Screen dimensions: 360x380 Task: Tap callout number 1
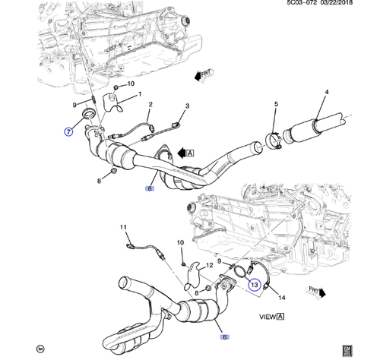[x=139, y=94]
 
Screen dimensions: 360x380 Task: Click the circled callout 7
[x=68, y=131]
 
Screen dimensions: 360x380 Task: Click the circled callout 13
[x=255, y=286]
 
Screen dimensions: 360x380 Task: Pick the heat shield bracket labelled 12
[x=197, y=273]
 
